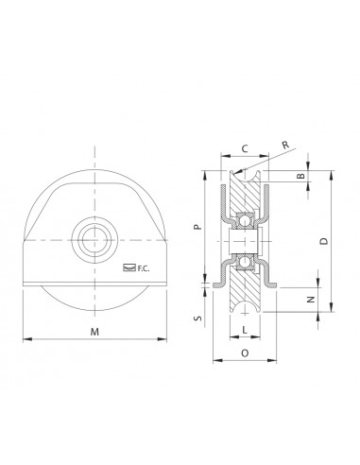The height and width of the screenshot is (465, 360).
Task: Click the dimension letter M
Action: [x=94, y=332]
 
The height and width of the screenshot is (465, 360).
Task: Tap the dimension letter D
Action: [x=324, y=241]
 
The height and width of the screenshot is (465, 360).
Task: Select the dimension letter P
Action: [x=197, y=227]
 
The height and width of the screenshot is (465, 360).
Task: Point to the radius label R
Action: [x=285, y=145]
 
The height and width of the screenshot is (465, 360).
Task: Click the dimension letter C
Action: [x=245, y=148]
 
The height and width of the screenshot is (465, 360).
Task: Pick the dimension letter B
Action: [x=301, y=176]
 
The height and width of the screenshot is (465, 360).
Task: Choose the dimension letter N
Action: [x=311, y=300]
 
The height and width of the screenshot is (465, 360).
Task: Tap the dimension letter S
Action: [x=197, y=319]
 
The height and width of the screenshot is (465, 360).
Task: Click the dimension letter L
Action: [x=245, y=330]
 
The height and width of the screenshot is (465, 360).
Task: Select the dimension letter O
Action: [x=245, y=353]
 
